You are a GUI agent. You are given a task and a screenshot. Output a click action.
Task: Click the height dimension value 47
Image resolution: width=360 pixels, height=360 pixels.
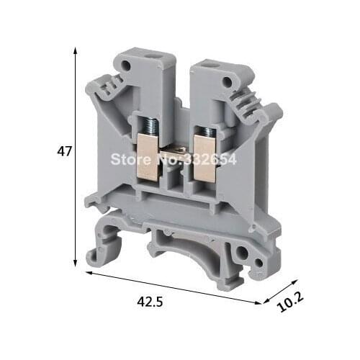point(64,151)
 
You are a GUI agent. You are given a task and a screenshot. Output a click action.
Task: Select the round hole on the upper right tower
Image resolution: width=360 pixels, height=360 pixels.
point(231,72)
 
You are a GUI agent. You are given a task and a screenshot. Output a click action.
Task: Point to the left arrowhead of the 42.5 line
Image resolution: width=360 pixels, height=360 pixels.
point(88,274)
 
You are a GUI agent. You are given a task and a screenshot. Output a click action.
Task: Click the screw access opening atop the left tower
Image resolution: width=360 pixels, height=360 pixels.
point(153,53)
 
